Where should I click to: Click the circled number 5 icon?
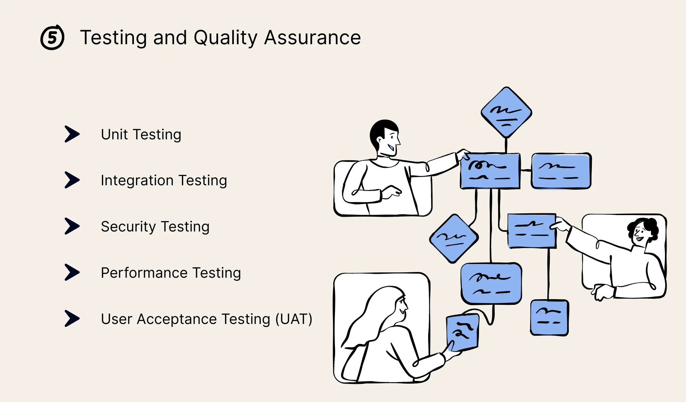(52, 38)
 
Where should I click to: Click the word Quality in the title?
(225, 38)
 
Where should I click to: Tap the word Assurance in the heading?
(312, 38)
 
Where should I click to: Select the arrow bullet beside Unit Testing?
(72, 134)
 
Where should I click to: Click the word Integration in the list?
(137, 181)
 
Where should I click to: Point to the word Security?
(128, 227)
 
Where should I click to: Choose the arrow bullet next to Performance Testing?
(72, 272)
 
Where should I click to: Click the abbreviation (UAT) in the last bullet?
(293, 319)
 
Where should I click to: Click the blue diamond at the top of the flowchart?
(506, 113)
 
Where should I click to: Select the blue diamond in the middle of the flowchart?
(454, 238)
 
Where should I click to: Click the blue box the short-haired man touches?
(490, 171)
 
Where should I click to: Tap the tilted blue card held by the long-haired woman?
(463, 332)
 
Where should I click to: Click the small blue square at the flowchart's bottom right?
(549, 318)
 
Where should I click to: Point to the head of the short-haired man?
(385, 136)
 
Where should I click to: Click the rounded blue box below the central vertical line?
(491, 283)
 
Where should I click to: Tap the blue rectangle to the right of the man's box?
(561, 171)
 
